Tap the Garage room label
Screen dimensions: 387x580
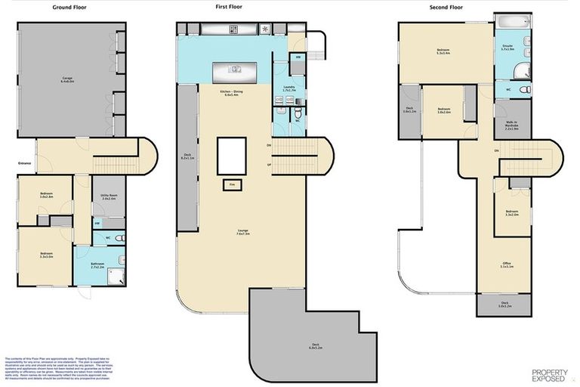click(67, 79)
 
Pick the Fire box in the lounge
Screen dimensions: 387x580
click(232, 183)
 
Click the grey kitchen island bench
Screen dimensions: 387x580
click(237, 73)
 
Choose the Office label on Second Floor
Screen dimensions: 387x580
click(507, 265)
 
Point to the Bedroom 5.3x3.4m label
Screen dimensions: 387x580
click(443, 52)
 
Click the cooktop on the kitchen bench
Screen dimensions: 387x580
click(233, 29)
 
